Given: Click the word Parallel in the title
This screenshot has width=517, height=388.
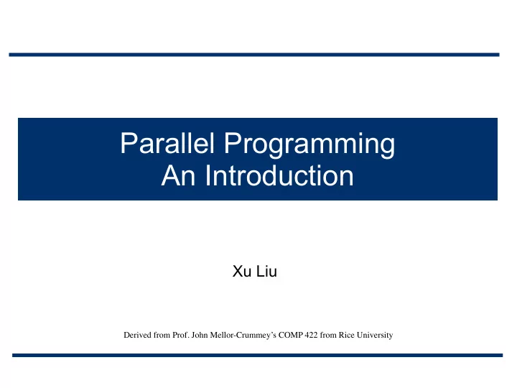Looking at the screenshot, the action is tap(167, 143).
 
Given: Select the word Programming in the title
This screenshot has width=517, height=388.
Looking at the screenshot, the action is tap(309, 145).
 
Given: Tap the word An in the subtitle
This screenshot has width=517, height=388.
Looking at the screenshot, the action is tap(178, 175).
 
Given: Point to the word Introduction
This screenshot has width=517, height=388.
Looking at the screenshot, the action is tap(279, 175).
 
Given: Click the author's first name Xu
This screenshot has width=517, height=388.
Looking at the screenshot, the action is tap(242, 271).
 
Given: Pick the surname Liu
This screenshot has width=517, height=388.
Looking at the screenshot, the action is tap(266, 271).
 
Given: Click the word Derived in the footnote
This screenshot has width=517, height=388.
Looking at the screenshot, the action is tap(137, 335).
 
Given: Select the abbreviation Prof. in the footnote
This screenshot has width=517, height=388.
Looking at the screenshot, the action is tap(181, 335).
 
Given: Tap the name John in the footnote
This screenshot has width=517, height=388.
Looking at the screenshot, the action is tap(200, 335).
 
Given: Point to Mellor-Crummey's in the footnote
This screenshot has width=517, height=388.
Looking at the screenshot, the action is tap(243, 336).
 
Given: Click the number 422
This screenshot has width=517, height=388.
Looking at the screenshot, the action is tap(311, 335).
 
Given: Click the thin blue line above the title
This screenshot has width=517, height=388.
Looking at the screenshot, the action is tap(254, 55).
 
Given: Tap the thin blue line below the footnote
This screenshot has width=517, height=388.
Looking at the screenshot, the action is tap(258, 356).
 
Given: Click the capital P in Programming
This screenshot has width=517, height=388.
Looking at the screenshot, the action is tap(233, 142).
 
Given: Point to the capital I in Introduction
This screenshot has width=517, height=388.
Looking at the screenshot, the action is tap(208, 175).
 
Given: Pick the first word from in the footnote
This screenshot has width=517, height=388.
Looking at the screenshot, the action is tap(162, 335).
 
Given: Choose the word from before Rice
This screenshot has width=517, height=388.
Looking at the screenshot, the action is tap(328, 335).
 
